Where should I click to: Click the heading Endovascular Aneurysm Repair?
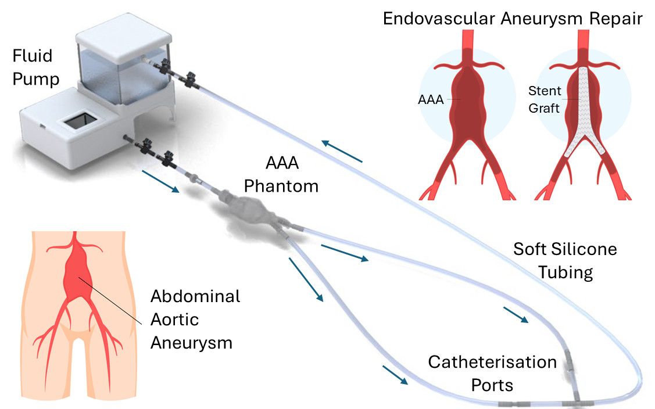pyautogui.click(x=512, y=18)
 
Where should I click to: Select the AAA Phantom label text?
pyautogui.click(x=281, y=175)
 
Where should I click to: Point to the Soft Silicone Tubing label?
pyautogui.click(x=565, y=260)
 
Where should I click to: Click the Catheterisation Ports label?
pyautogui.click(x=492, y=373)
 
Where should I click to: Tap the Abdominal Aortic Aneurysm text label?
pyautogui.click(x=195, y=319)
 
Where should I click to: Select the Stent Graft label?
pyautogui.click(x=545, y=99)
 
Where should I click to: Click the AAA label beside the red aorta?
pyautogui.click(x=431, y=99)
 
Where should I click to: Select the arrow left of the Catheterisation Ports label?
pyautogui.click(x=395, y=375)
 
